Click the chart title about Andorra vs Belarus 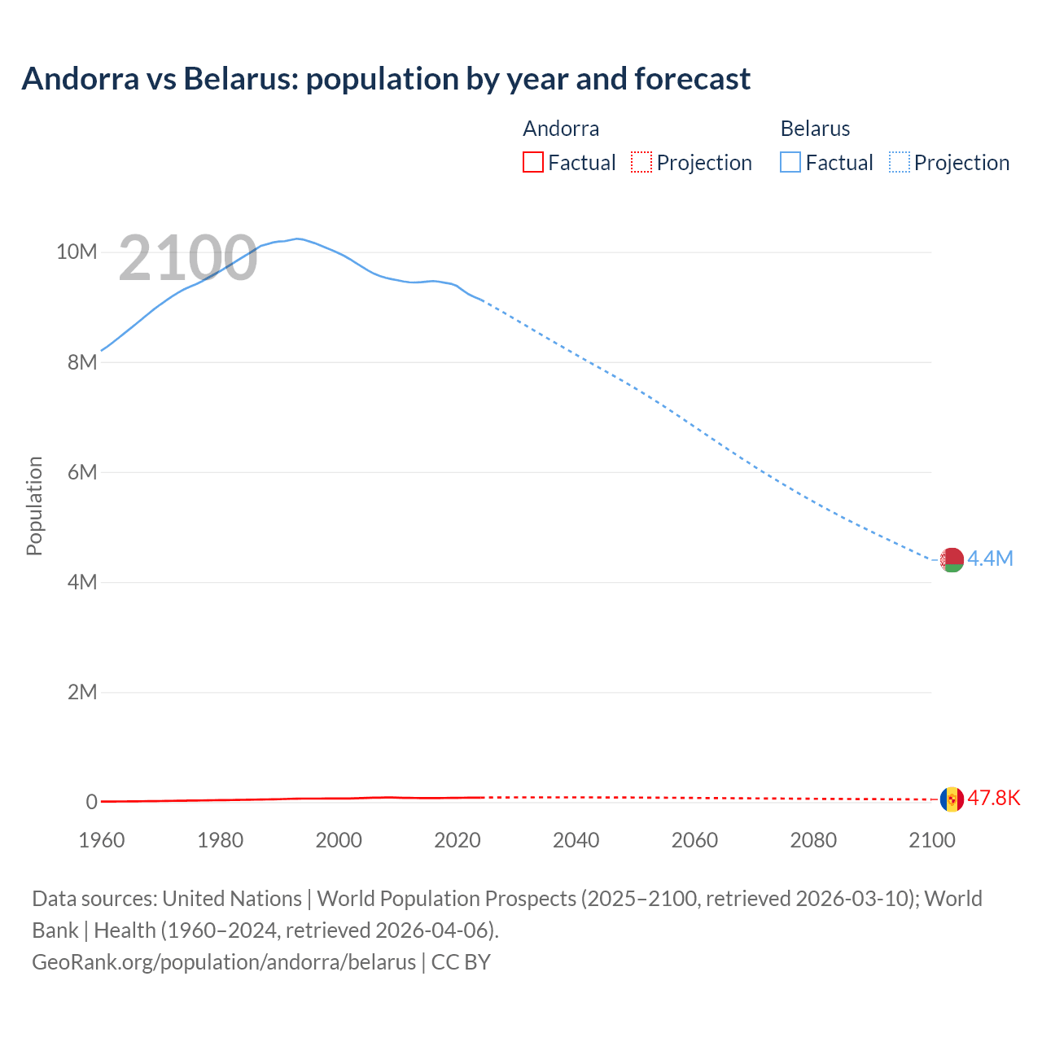point(386,79)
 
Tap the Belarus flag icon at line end point(952,559)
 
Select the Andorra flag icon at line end point(952,799)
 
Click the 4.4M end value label point(990,558)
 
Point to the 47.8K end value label point(993,798)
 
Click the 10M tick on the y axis point(77,252)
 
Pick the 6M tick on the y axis point(82,472)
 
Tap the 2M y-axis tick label point(82,692)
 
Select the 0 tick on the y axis point(91,802)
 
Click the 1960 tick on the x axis point(102,840)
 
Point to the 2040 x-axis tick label point(576,840)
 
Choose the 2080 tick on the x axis point(813,840)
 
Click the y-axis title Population point(34,506)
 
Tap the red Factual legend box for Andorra point(533,162)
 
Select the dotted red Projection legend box point(641,162)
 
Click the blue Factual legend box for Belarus point(790,162)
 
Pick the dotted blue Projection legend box point(899,162)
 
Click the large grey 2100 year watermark point(188,259)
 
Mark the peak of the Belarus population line point(298,239)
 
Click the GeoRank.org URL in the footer point(224,962)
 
